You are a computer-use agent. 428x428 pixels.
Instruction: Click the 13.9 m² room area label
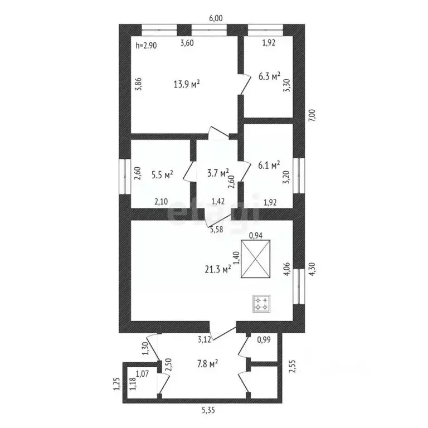click(187, 85)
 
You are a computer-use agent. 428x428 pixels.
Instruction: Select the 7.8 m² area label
click(206, 363)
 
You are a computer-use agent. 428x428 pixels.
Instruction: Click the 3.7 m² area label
click(217, 173)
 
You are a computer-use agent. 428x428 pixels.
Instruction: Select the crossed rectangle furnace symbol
click(256, 259)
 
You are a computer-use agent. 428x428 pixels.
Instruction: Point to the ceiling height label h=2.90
click(147, 46)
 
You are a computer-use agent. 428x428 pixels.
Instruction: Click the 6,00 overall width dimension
click(216, 18)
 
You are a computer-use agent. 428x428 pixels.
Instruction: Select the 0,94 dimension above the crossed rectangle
click(255, 235)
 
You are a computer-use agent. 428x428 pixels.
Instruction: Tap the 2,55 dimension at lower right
click(291, 366)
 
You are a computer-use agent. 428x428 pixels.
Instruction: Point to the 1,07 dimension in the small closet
click(143, 374)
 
